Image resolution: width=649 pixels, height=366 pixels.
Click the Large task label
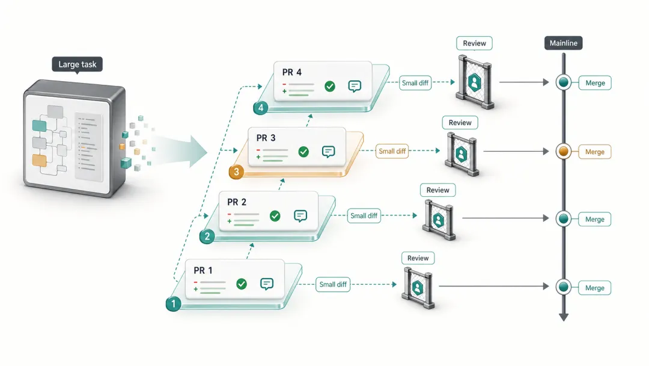point(77,64)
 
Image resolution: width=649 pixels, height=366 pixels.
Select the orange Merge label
point(594,152)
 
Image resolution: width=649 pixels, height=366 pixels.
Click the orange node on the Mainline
point(563,152)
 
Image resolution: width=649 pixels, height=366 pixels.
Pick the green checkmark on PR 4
point(329,87)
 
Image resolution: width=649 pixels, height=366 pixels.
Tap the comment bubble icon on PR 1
point(267,284)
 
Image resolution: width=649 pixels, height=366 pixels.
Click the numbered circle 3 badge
point(236,173)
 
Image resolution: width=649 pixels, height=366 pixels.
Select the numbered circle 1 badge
point(173,304)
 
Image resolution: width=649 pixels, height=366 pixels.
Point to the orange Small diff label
point(392,152)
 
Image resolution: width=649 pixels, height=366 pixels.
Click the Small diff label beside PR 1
point(333,285)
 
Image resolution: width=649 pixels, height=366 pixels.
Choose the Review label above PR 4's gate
point(474,43)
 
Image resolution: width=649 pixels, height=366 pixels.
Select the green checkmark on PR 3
point(303,152)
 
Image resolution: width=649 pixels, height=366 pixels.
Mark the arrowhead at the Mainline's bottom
point(563,317)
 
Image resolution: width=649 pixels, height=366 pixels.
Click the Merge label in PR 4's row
point(594,83)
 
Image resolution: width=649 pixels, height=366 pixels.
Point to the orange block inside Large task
point(39,160)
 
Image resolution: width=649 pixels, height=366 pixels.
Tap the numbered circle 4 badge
point(260,108)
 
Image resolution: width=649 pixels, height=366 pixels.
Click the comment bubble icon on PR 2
point(300,216)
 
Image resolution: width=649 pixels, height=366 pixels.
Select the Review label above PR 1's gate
point(418,258)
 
